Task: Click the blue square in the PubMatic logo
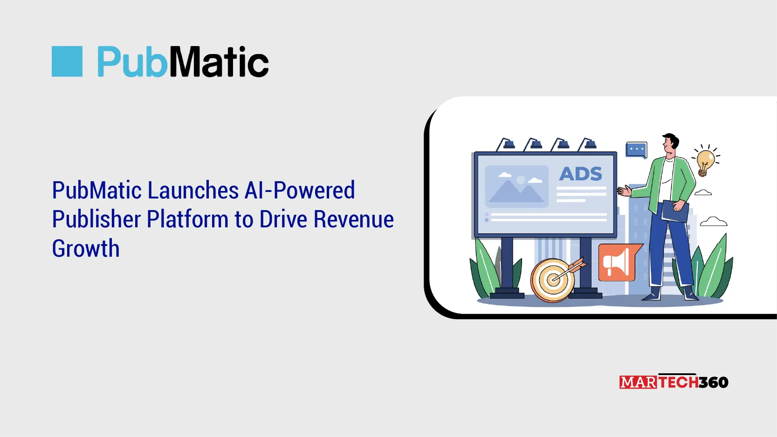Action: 67,61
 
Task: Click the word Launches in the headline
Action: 193,191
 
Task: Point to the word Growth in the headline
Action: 86,249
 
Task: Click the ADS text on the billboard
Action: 580,174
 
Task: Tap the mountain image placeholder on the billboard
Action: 516,186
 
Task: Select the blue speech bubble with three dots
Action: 636,150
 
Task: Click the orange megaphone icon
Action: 617,263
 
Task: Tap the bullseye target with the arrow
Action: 553,280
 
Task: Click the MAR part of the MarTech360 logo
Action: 638,382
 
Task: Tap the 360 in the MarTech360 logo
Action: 713,382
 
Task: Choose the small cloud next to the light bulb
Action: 703,192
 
